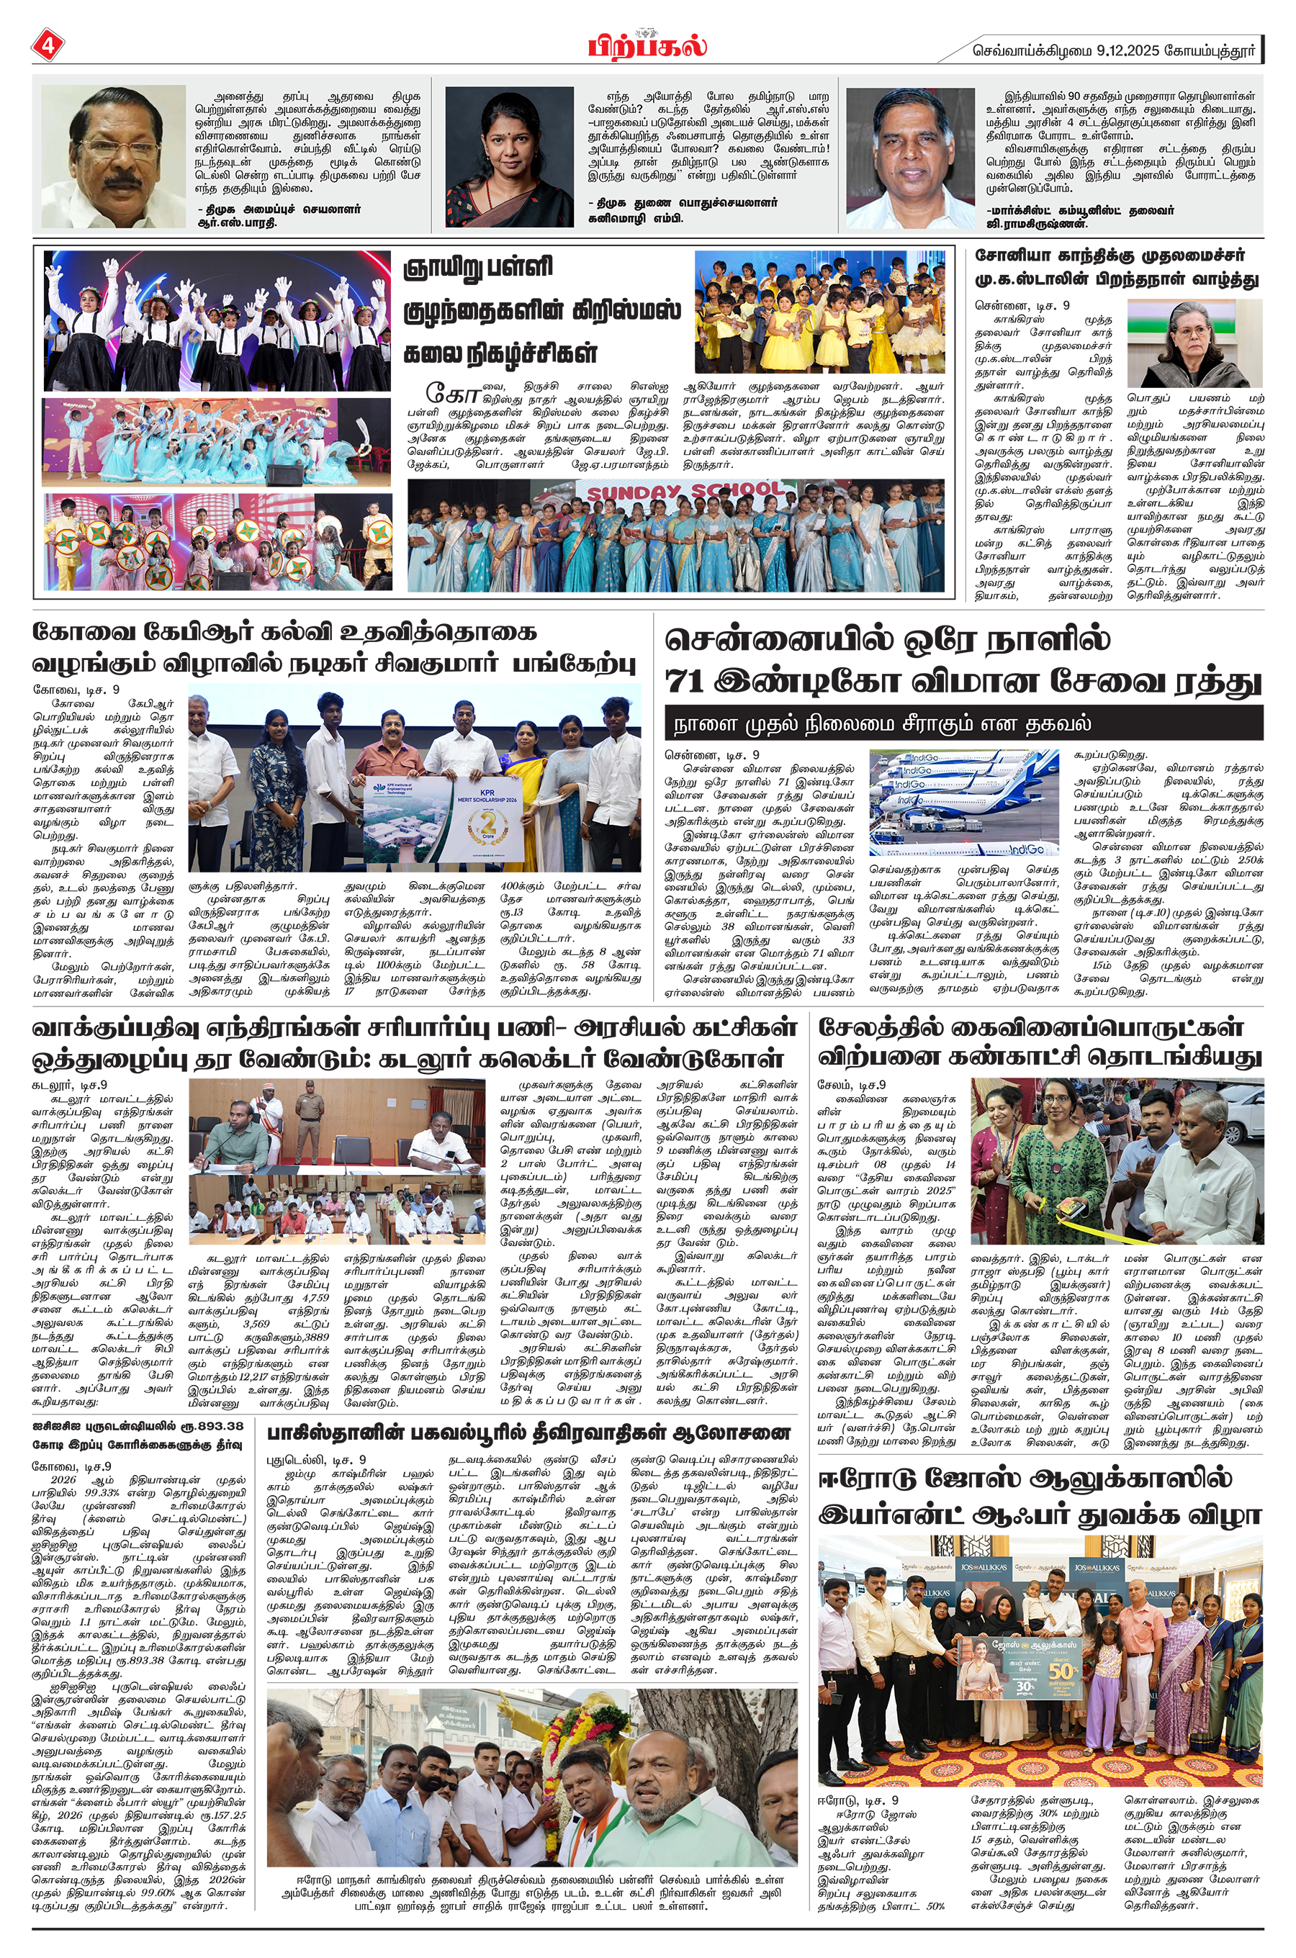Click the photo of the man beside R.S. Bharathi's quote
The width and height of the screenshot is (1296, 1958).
tap(113, 156)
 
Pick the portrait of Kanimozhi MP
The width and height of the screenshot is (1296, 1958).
tap(509, 156)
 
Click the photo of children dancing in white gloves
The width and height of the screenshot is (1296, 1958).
tap(217, 320)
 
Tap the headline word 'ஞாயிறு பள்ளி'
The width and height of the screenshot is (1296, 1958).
tap(478, 268)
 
